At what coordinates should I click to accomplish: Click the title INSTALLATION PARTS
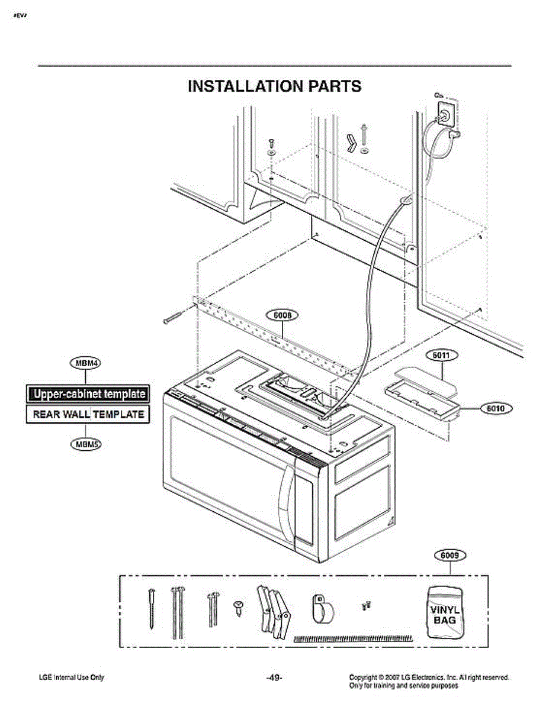[x=274, y=86]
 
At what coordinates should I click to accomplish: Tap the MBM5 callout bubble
[x=86, y=444]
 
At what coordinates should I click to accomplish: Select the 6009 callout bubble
[x=450, y=556]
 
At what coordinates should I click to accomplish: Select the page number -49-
[x=274, y=677]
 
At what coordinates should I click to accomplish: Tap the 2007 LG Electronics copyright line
[x=429, y=677]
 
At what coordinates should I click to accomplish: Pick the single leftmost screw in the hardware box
[x=152, y=609]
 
